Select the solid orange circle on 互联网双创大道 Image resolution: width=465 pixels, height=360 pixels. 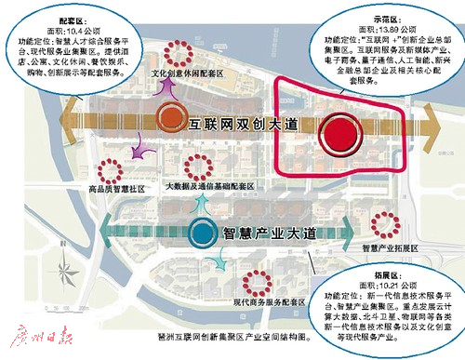tap(169, 118)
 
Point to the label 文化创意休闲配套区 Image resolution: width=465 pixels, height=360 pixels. tap(189, 71)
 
